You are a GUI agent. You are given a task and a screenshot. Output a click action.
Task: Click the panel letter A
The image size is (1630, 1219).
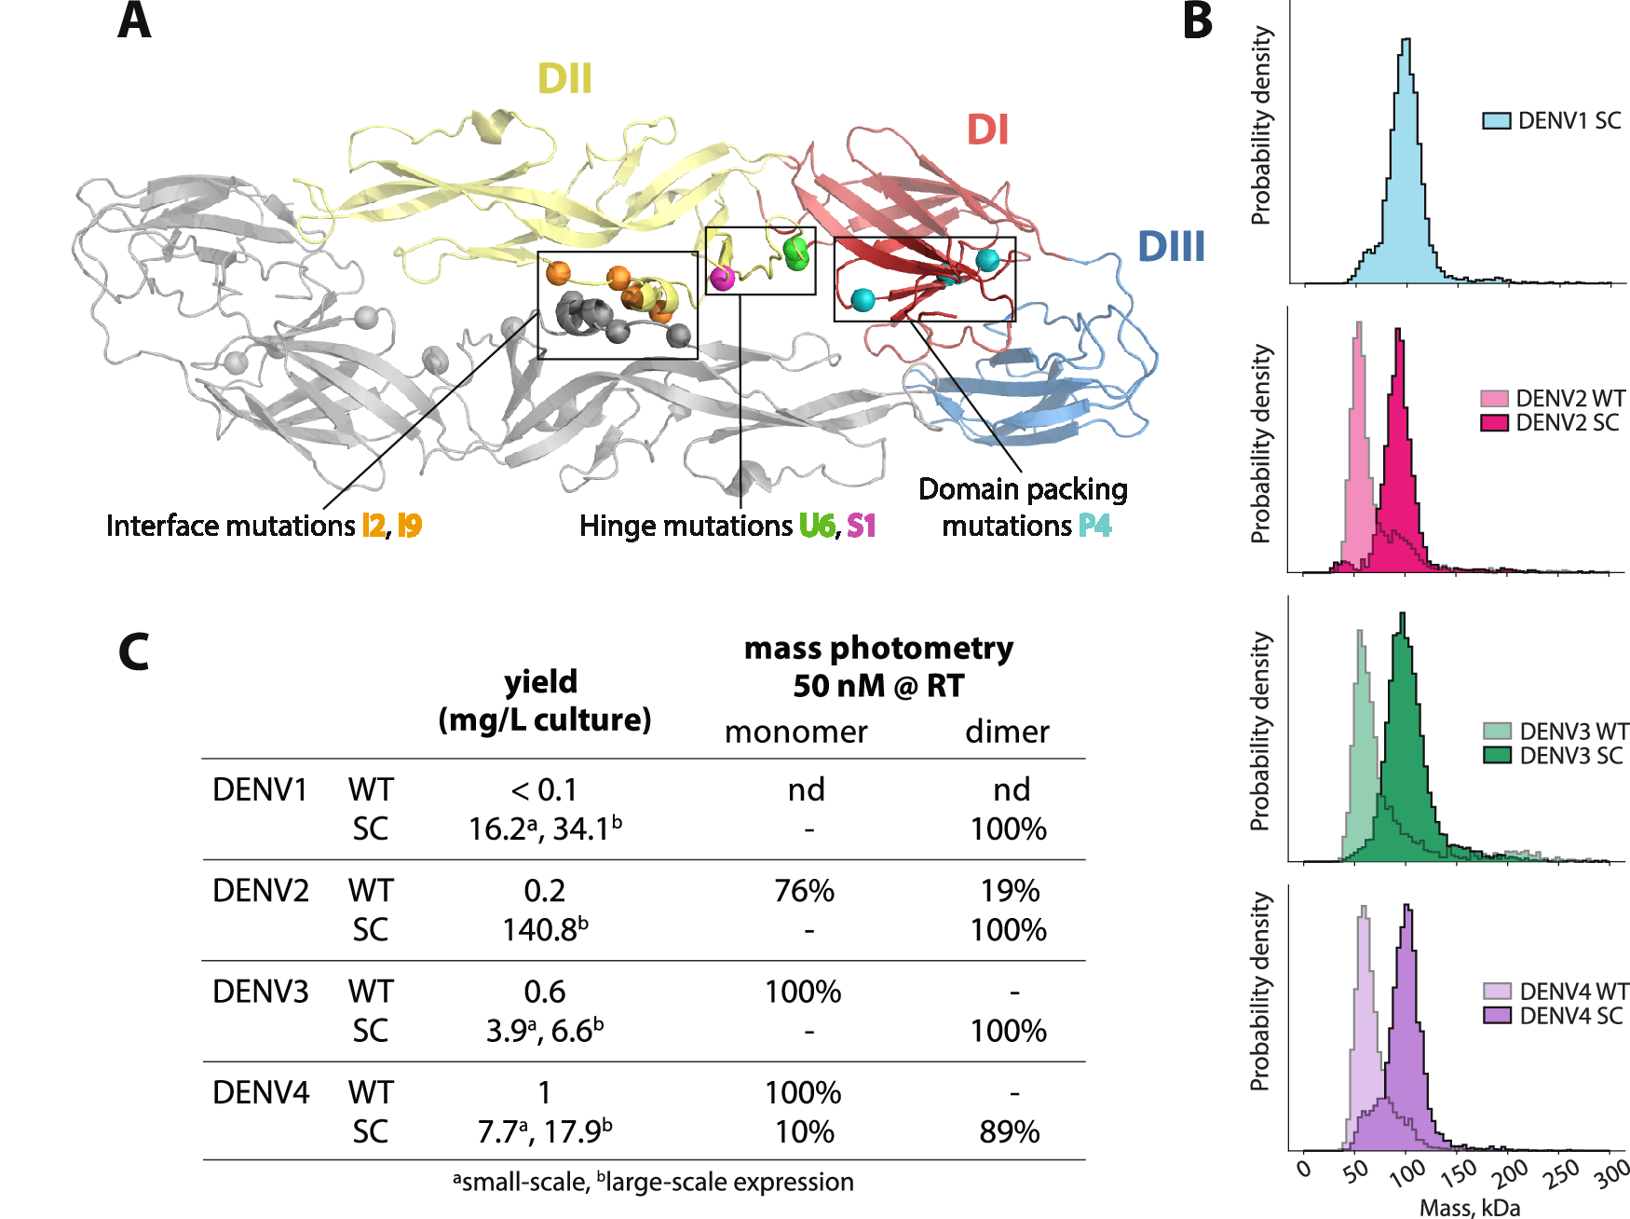134,21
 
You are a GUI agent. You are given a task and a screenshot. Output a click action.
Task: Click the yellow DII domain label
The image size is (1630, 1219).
564,79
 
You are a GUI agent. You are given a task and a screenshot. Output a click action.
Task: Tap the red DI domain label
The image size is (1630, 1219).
987,130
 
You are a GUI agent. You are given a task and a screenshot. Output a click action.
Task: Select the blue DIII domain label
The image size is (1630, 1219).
1171,247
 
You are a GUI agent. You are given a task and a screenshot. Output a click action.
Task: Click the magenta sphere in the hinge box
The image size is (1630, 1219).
722,277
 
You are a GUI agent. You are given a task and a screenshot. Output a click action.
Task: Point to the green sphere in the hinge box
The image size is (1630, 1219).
796,253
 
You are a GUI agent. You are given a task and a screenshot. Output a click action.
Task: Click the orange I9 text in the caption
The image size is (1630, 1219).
410,527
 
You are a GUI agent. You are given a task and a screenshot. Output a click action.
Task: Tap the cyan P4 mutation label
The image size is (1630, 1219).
1095,527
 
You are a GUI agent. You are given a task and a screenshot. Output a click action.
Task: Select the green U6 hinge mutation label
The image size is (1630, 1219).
817,527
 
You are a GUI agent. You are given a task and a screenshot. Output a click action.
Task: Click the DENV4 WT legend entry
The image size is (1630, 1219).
1553,992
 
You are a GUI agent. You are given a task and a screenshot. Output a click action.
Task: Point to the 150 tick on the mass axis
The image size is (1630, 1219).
1459,1171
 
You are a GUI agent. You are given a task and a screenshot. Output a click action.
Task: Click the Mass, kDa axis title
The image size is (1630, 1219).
1470,1208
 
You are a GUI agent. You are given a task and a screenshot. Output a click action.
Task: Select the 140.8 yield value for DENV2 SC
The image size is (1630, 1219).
545,930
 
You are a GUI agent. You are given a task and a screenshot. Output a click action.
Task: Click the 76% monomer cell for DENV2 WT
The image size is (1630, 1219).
805,891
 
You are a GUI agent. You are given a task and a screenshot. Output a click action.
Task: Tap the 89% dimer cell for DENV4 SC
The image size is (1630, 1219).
1010,1132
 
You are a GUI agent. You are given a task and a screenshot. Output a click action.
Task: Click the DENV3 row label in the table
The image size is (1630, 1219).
261,992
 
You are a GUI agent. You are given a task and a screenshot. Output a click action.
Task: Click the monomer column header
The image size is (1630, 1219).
796,733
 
